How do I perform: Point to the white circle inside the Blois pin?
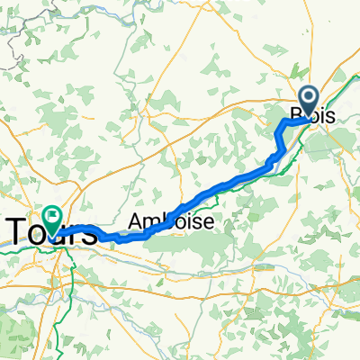[x=309, y=97]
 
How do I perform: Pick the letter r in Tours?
[x=74, y=234]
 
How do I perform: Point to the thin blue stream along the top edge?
[x=180, y=7]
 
